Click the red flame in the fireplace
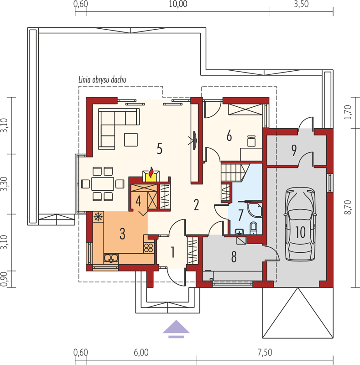click(x=151, y=172)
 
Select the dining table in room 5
click(x=103, y=184)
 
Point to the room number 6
click(x=229, y=136)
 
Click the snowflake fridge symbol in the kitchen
click(x=98, y=217)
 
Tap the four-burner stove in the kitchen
click(x=149, y=248)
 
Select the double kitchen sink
click(x=111, y=258)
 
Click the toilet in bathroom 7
click(x=253, y=228)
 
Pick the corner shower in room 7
click(x=255, y=210)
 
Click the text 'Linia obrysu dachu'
click(x=102, y=80)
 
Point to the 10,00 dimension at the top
click(x=178, y=4)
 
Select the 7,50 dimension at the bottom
click(x=265, y=352)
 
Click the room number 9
click(x=294, y=150)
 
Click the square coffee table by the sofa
click(x=131, y=140)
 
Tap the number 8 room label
click(x=234, y=256)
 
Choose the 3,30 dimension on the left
click(x=4, y=184)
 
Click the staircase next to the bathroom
click(x=234, y=172)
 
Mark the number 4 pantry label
click(x=138, y=201)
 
